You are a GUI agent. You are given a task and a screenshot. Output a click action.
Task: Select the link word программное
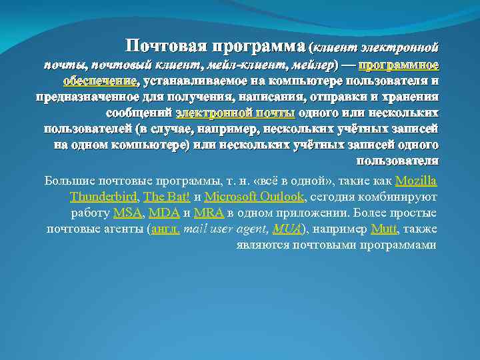pyautogui.click(x=398, y=65)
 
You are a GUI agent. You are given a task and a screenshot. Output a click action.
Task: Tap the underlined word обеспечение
pyautogui.click(x=99, y=81)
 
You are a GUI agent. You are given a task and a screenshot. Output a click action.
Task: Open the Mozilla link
pyautogui.click(x=416, y=181)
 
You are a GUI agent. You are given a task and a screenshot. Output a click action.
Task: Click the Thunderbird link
pyautogui.click(x=103, y=197)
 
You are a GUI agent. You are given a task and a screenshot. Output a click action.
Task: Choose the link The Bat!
pyautogui.click(x=167, y=197)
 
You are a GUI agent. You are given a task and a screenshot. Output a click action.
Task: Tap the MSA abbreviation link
pyautogui.click(x=128, y=213)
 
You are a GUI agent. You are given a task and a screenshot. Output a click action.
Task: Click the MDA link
pyautogui.click(x=164, y=213)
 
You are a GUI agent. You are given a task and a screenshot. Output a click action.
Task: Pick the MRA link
pyautogui.click(x=209, y=213)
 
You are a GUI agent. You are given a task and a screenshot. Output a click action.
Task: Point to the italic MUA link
pyautogui.click(x=287, y=229)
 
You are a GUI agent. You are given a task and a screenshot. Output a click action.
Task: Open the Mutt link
pyautogui.click(x=383, y=229)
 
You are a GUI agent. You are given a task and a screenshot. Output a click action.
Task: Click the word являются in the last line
pyautogui.click(x=262, y=245)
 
